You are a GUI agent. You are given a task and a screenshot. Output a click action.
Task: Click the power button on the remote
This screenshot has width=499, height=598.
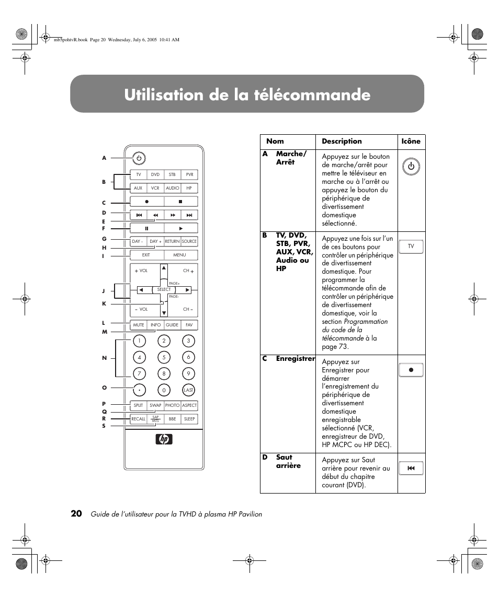coord(139,158)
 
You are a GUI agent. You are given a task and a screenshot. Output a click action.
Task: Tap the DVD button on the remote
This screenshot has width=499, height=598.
coord(155,174)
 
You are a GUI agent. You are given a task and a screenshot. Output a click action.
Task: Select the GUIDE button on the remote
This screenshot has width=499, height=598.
coord(172,325)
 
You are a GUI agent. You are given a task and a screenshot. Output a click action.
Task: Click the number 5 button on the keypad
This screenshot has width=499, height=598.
coord(164,357)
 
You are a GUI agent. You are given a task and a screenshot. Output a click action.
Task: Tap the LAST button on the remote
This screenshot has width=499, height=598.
coord(188,390)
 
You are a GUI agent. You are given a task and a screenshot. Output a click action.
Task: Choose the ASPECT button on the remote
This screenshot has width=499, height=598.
coord(189,405)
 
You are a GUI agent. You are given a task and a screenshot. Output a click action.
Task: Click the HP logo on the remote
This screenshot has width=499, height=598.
coord(164,439)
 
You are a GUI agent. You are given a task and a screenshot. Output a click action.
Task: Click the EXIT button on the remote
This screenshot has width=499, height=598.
coord(146,255)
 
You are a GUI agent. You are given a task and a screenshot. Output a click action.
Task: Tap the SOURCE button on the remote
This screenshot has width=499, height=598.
coord(189,241)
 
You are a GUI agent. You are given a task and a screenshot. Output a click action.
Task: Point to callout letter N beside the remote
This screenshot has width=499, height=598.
coord(105,358)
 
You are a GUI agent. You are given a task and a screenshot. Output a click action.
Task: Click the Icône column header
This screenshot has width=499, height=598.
coord(411,141)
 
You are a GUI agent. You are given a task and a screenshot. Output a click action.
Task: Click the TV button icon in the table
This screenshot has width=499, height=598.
coord(411,246)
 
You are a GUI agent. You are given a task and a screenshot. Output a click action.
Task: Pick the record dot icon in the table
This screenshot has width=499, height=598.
coord(411,370)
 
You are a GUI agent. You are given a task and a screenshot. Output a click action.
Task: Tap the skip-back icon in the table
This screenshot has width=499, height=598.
coord(411,468)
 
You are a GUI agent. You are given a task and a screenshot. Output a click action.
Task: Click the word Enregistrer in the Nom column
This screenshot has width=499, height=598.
coord(296,358)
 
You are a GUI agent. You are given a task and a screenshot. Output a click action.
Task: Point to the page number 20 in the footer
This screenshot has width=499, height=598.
coord(76,513)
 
